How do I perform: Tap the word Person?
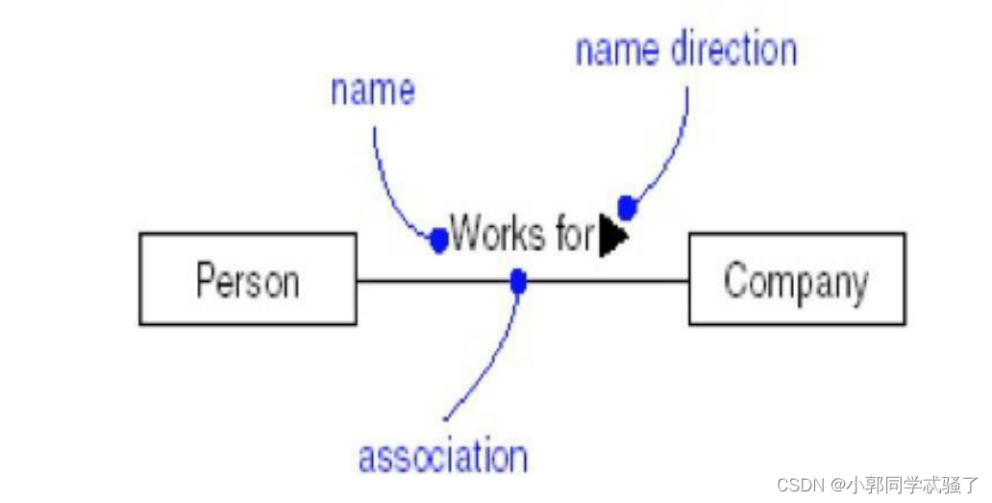point(247,281)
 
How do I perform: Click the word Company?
point(796,282)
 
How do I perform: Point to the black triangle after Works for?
point(611,237)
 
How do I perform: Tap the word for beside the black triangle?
point(575,234)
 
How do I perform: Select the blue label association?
point(442,456)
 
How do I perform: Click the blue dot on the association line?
point(518,281)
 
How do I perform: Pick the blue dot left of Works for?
point(439,240)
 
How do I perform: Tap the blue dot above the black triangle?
point(627,207)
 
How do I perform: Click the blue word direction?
point(733,50)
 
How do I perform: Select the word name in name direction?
point(617,51)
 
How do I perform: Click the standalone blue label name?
point(373,90)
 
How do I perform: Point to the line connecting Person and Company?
point(606,281)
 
